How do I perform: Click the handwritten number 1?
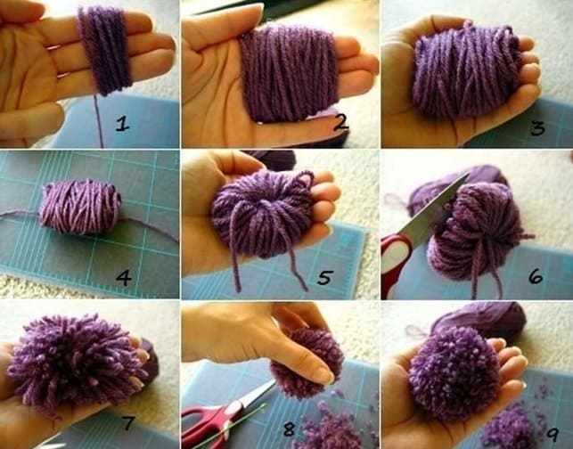pyautogui.click(x=123, y=124)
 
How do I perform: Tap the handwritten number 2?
pyautogui.click(x=341, y=122)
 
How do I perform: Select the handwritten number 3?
pyautogui.click(x=537, y=128)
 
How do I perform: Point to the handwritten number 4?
pyautogui.click(x=124, y=278)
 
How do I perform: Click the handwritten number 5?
pyautogui.click(x=325, y=277)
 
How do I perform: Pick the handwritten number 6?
pyautogui.click(x=536, y=276)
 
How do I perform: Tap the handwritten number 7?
pyautogui.click(x=127, y=422)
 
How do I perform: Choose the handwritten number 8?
pyautogui.click(x=289, y=429)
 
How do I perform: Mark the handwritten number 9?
pyautogui.click(x=553, y=433)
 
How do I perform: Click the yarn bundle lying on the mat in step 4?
pyautogui.click(x=80, y=207)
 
